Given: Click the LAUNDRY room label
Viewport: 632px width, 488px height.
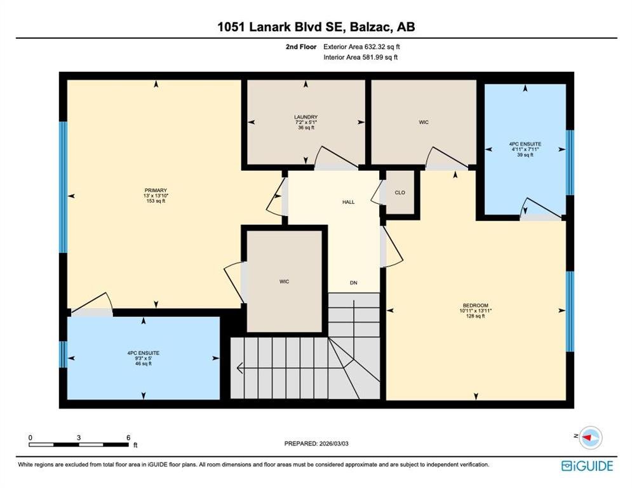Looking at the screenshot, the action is (x=306, y=117).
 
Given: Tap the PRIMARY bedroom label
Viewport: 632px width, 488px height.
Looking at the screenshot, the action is (x=156, y=191).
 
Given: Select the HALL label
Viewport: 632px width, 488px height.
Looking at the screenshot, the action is (x=348, y=202).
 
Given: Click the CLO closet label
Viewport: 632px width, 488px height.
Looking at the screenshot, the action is (x=400, y=193).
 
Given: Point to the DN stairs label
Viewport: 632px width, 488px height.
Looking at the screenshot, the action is (x=354, y=283).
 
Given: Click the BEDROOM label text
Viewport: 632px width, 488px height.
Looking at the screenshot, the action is (x=476, y=305).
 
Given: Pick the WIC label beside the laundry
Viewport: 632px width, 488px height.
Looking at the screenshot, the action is (x=424, y=122).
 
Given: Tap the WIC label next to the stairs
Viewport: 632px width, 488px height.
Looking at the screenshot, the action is (x=284, y=281).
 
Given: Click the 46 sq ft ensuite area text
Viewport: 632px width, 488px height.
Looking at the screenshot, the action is (x=144, y=363).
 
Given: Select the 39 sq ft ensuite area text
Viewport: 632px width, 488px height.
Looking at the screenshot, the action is (x=525, y=154).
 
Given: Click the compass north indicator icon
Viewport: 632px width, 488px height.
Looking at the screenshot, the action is (x=591, y=437).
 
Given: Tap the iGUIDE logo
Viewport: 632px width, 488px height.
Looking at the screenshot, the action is (x=588, y=466).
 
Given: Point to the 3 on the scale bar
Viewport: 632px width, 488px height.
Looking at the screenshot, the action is (x=79, y=438).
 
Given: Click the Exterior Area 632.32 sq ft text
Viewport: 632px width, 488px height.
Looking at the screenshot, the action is (x=361, y=47).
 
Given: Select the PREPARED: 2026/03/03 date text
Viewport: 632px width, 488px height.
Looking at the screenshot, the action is (x=316, y=444).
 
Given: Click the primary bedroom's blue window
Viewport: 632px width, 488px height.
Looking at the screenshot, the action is (x=63, y=187).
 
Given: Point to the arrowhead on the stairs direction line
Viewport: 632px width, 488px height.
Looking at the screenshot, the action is (x=239, y=368).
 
